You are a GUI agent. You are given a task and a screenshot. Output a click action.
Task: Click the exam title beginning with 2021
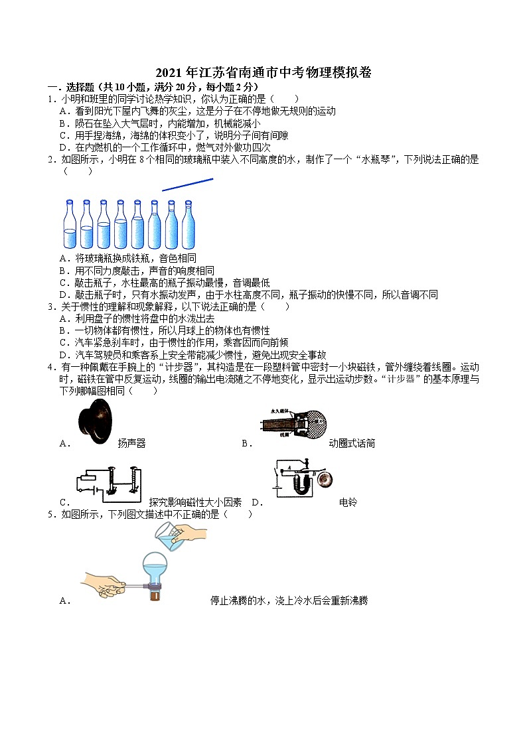point(263,74)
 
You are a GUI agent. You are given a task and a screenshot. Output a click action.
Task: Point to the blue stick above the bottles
point(187,184)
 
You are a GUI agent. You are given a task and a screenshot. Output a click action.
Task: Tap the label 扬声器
point(131,443)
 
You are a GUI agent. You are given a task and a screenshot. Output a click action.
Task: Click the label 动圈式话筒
point(352,443)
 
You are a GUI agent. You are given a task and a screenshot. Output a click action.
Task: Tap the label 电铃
point(347,502)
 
